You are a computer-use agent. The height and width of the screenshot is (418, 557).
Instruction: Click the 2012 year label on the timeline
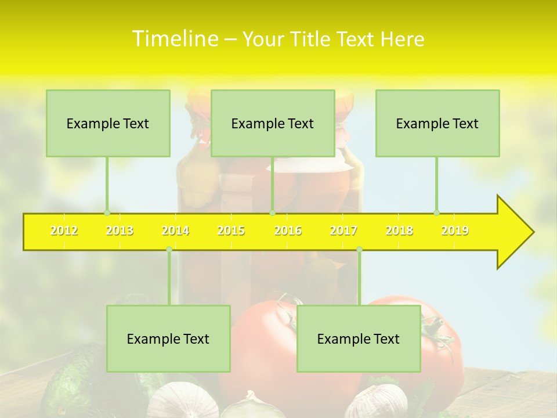tap(64, 230)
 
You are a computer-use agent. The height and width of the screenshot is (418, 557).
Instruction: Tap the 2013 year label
tap(120, 230)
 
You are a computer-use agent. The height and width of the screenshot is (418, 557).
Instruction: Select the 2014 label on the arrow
tap(175, 230)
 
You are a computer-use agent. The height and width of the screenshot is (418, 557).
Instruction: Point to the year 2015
tap(231, 230)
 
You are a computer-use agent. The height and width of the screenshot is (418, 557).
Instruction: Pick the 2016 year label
tap(288, 230)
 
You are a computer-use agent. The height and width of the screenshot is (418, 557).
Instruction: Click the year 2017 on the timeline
tap(343, 230)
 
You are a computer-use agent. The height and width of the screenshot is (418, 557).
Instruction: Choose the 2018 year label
tap(399, 230)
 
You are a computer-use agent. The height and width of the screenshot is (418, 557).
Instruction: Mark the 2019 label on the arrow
tap(455, 230)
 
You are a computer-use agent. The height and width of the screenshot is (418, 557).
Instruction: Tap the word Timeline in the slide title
tap(174, 39)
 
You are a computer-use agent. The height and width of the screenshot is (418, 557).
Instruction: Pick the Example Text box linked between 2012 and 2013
tap(108, 123)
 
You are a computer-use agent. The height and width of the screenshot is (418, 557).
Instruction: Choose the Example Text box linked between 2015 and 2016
tap(273, 123)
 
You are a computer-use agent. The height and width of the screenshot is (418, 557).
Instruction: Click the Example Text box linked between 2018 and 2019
tap(437, 123)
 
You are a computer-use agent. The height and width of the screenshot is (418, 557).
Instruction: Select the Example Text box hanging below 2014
tap(168, 338)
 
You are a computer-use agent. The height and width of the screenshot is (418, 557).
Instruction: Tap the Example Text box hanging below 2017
tap(359, 338)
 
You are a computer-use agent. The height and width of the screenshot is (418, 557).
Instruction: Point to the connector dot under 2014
tap(169, 249)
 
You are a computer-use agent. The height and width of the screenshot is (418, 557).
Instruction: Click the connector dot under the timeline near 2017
tap(359, 249)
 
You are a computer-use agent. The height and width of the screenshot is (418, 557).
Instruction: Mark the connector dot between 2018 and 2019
tap(436, 212)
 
